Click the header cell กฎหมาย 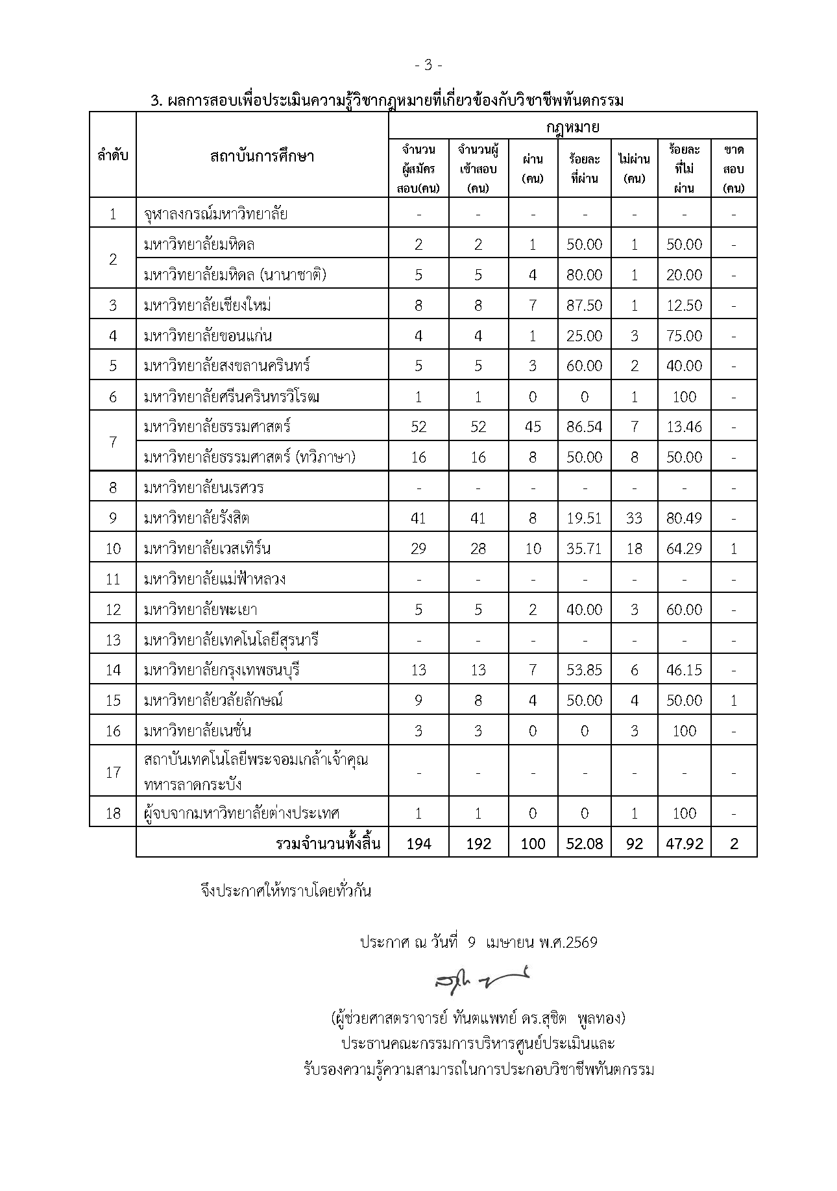coord(572,126)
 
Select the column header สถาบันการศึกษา coord(262,156)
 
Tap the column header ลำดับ coord(113,156)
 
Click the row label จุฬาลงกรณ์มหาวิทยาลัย coord(216,213)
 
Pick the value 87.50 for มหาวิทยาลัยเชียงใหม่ coord(584,305)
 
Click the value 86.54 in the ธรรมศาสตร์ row coord(584,427)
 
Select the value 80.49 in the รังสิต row coord(684,518)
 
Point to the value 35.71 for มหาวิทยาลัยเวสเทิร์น coord(584,549)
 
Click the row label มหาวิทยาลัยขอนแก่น coord(208,336)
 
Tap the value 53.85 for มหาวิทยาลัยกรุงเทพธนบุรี coord(584,670)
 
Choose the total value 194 coord(418,843)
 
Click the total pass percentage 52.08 coord(584,843)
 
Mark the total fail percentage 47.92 coord(684,843)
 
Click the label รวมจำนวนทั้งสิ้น coord(328,843)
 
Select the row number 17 coord(113,772)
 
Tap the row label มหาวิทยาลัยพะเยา coord(201,610)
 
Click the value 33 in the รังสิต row coord(634,518)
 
